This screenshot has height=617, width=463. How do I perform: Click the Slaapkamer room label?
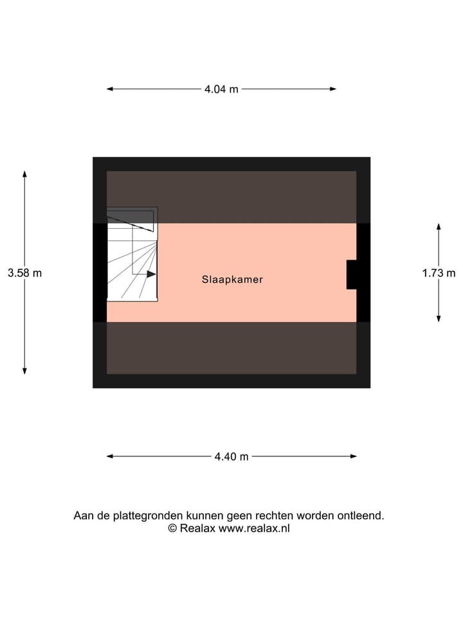(x=232, y=280)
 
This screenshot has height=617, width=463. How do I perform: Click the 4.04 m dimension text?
(x=221, y=89)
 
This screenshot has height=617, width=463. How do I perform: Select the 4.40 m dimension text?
(x=232, y=456)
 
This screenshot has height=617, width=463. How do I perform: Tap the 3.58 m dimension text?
(x=25, y=273)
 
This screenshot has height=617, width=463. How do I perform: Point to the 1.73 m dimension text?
(x=439, y=273)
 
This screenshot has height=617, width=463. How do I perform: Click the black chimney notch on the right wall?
(x=352, y=274)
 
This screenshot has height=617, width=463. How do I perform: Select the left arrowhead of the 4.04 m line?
(x=110, y=89)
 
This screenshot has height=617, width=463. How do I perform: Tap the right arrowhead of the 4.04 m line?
(x=333, y=89)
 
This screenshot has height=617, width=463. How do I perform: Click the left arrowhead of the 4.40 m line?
(x=110, y=456)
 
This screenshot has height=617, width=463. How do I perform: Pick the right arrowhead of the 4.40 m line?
(x=354, y=456)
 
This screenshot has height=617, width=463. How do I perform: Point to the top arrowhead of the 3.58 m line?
(x=25, y=174)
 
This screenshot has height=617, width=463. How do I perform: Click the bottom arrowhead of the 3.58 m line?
(x=25, y=371)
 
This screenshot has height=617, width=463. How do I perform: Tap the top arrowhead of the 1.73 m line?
(x=439, y=227)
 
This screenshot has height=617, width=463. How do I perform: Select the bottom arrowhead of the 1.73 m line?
(x=439, y=318)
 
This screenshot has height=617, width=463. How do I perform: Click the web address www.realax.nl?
(x=254, y=528)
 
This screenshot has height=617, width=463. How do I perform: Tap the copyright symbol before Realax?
(x=172, y=528)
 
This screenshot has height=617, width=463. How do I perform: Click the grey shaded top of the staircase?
(x=132, y=215)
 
